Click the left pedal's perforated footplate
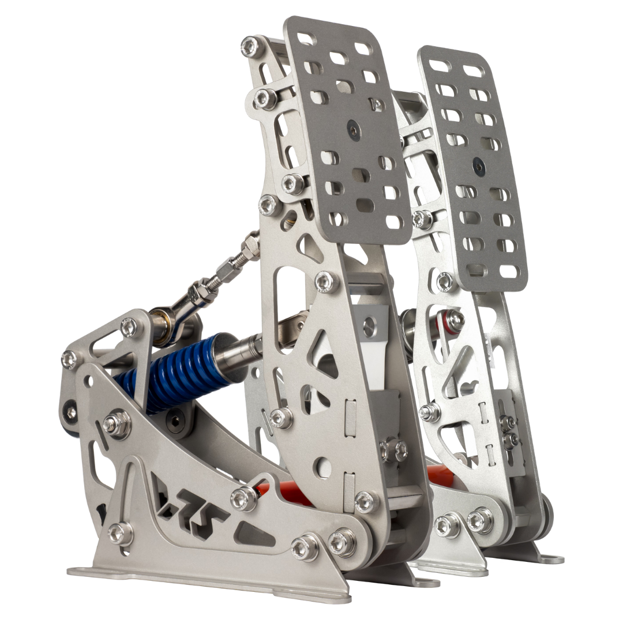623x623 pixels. pos(346,127)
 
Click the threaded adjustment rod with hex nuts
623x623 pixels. pos(228,271)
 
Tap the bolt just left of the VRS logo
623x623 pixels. pos(120,534)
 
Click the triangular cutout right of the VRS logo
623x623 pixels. pos(254,534)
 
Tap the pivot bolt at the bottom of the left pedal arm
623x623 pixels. pos(343,542)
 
